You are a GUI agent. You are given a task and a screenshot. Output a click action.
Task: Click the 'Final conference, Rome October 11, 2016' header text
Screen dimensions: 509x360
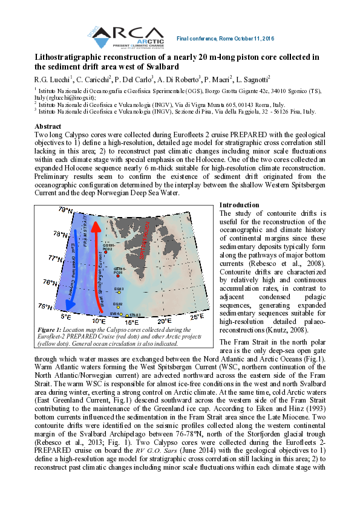225,39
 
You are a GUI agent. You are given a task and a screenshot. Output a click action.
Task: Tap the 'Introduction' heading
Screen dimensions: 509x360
240,206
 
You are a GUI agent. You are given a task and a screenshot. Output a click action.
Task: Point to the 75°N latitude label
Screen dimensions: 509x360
47,306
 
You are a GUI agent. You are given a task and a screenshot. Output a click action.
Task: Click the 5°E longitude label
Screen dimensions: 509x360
67,317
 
